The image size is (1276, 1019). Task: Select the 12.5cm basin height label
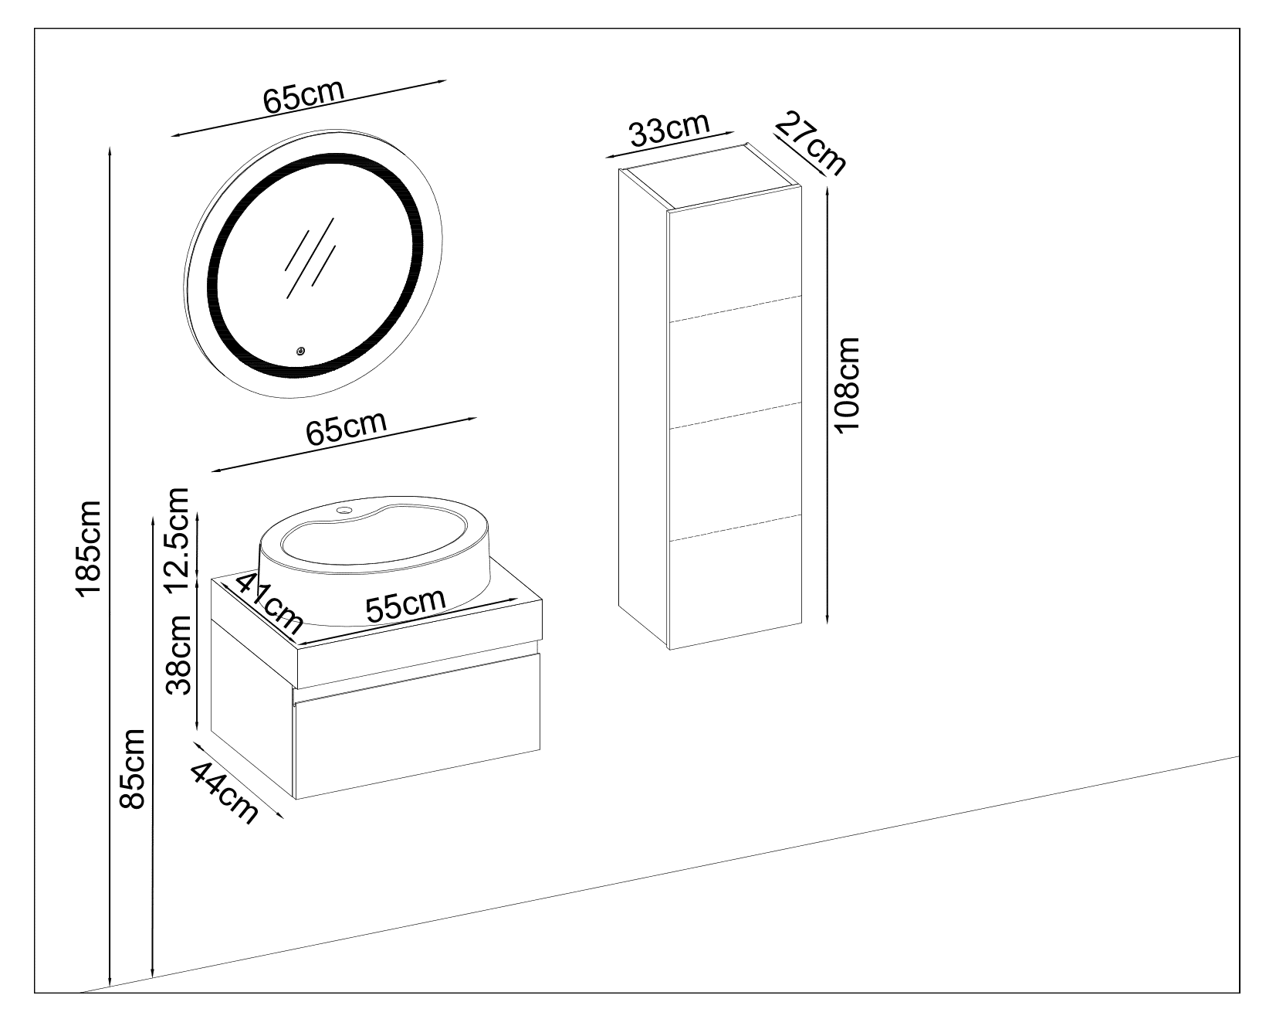tap(178, 538)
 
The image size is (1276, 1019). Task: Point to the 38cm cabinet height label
tap(180, 654)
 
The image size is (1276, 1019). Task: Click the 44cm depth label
tap(225, 792)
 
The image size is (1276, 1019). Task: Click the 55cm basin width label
tap(406, 606)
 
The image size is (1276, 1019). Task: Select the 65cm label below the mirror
tap(345, 428)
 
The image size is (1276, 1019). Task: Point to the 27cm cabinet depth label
tap(811, 142)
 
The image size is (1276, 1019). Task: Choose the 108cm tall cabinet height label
tap(847, 386)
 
